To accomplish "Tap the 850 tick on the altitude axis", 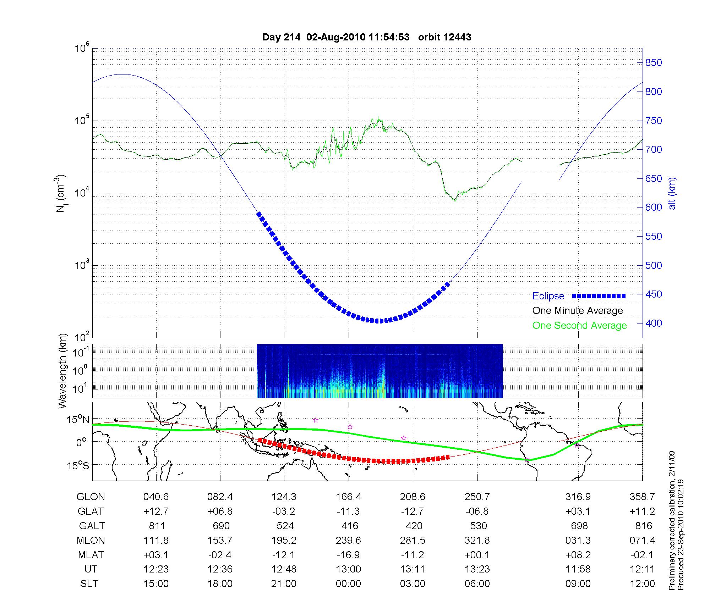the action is point(654,63).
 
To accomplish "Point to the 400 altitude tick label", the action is point(654,323).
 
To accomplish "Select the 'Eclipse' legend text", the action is point(548,296).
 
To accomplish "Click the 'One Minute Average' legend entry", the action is point(578,311).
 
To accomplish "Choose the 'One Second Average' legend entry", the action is point(579,326).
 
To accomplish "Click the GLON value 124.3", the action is point(284,497).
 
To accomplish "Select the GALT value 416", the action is point(349,526).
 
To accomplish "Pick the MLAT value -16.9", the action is point(348,555).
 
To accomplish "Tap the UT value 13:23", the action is point(477,569).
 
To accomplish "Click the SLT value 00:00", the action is point(348,584).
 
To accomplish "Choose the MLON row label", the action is point(91,540).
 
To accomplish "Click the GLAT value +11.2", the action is point(642,511).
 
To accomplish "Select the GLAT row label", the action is point(91,511).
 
